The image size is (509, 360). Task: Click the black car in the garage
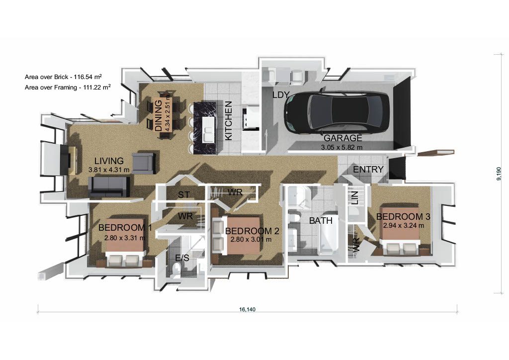pyautogui.click(x=338, y=112)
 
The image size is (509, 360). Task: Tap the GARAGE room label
pyautogui.click(x=343, y=138)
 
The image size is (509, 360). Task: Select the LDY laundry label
pyautogui.click(x=281, y=94)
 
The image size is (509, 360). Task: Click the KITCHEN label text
pyautogui.click(x=229, y=120)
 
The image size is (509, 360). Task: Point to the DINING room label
pyautogui.click(x=159, y=115)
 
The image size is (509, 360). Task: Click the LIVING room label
pyautogui.click(x=109, y=161)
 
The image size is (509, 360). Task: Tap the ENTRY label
pyautogui.click(x=368, y=170)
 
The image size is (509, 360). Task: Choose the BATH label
pyautogui.click(x=321, y=220)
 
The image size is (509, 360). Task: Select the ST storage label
pyautogui.click(x=184, y=194)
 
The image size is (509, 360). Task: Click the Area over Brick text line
pyautogui.click(x=63, y=77)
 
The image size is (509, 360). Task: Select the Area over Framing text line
pyautogui.click(x=67, y=87)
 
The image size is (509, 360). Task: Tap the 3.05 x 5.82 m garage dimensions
pyautogui.click(x=343, y=147)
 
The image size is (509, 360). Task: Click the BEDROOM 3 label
pyautogui.click(x=403, y=217)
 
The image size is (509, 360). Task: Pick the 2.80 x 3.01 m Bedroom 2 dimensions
pyautogui.click(x=251, y=239)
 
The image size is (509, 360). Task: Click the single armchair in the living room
pyautogui.click(x=144, y=163)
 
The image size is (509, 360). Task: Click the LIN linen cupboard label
pyautogui.click(x=355, y=199)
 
